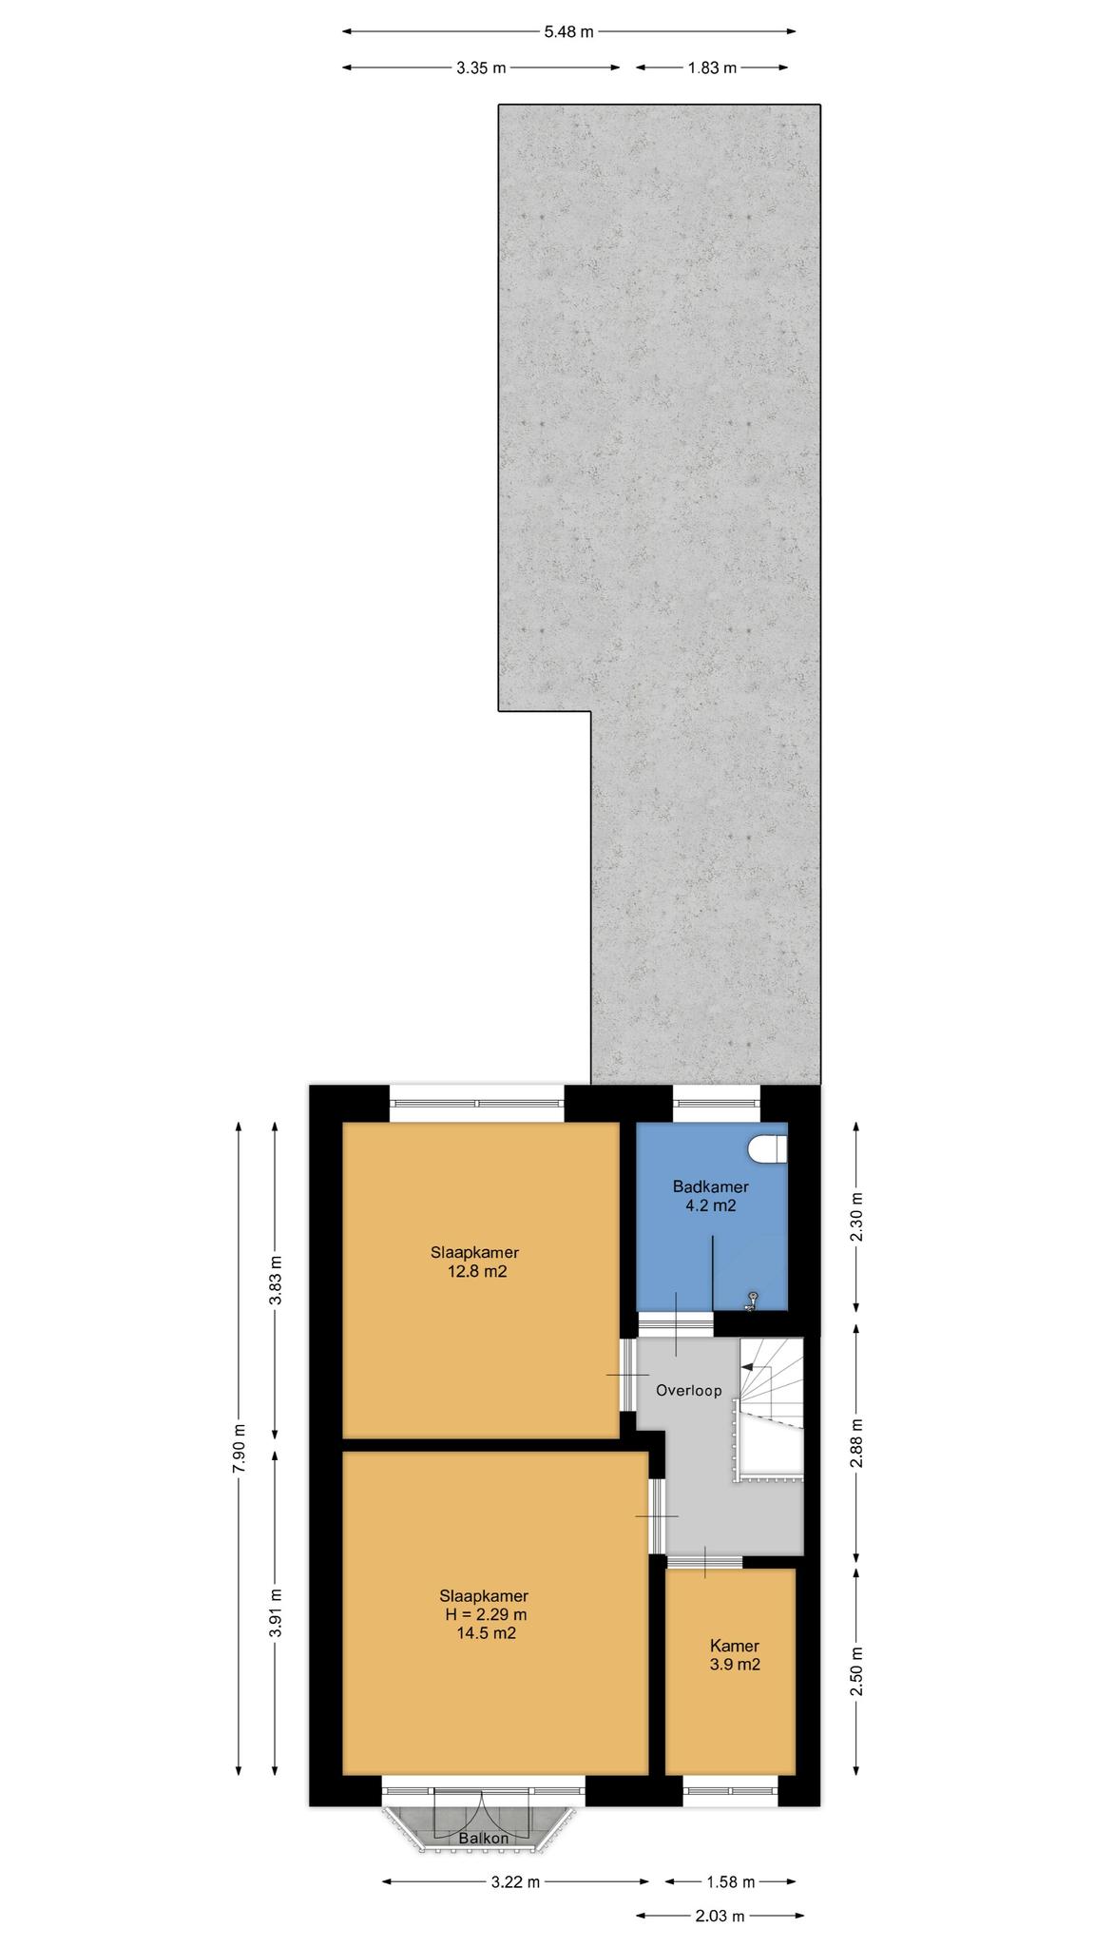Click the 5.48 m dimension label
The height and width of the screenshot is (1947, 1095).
point(568,31)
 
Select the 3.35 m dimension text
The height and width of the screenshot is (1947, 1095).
point(481,67)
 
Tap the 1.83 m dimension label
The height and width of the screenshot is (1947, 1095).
point(711,67)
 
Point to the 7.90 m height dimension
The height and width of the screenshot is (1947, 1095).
point(239,1448)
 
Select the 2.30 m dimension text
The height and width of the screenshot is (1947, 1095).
point(856,1217)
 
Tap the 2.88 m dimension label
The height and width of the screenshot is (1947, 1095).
point(856,1443)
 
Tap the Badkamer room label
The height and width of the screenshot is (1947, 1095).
point(711,1186)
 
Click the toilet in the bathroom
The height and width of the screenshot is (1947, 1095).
point(769,1148)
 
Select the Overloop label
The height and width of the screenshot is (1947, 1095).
point(689,1390)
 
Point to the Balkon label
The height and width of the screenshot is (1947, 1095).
point(484,1839)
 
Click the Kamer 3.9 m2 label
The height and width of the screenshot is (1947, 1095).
point(735,1655)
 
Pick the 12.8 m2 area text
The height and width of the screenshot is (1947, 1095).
point(477,1271)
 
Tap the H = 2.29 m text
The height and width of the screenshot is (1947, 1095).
point(484,1614)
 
